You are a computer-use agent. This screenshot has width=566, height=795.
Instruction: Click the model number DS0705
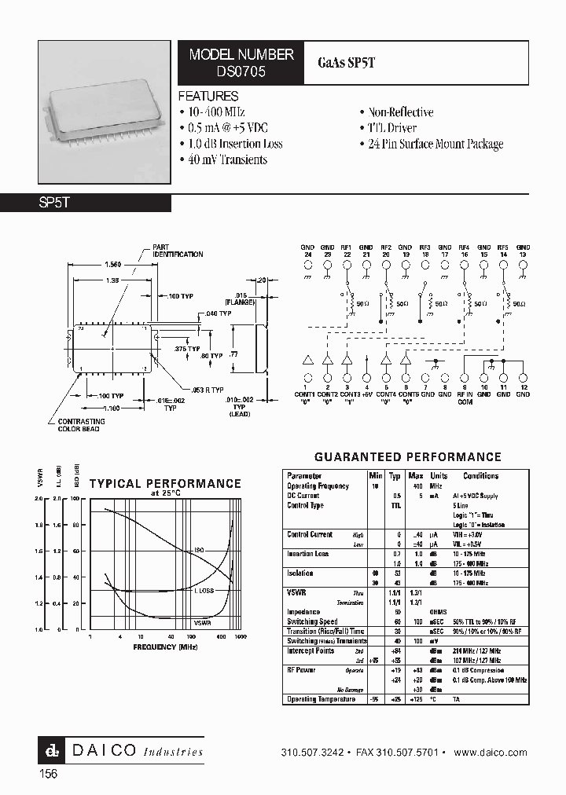point(241,70)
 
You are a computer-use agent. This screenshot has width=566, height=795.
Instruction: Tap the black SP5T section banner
point(86,203)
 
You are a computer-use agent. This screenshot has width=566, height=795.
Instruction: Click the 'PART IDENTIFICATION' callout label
point(177,251)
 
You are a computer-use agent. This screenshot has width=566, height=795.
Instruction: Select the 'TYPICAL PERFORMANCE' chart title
point(165,484)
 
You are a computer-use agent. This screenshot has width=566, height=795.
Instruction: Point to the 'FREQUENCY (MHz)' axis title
point(164,647)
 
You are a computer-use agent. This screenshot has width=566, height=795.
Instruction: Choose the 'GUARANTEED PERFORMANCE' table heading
point(407,456)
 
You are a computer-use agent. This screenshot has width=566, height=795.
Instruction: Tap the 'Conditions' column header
point(480,476)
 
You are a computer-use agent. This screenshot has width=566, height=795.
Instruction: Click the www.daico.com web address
point(491,752)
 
